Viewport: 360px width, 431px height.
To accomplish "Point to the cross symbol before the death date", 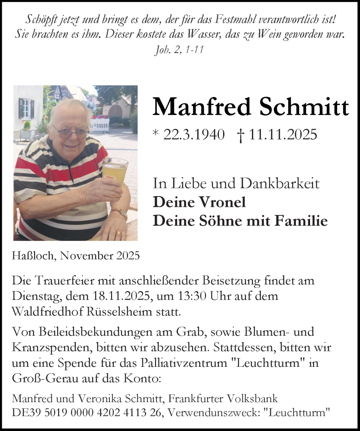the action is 241,135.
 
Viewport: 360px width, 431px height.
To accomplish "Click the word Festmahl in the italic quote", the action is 223,20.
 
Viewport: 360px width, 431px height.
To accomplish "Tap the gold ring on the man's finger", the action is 119,233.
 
